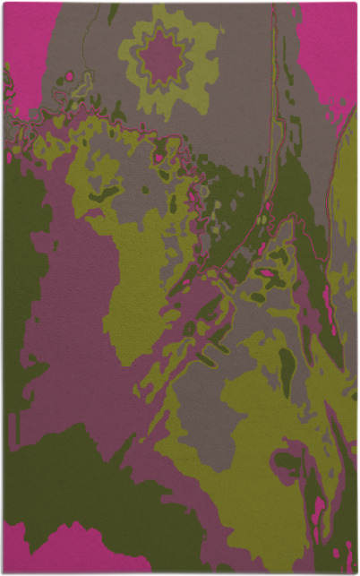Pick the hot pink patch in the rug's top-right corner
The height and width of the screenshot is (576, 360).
click(330, 45)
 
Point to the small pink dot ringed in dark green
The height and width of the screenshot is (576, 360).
click(159, 159)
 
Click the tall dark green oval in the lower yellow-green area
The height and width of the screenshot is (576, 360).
click(287, 370)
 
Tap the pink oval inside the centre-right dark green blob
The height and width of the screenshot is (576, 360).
click(266, 273)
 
